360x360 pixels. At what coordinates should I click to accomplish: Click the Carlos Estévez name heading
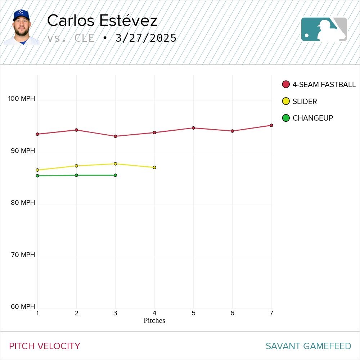[102, 21]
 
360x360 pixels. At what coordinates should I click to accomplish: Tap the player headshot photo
[21, 27]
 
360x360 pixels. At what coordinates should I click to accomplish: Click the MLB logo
[324, 29]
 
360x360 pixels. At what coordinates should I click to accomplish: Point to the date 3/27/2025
[146, 38]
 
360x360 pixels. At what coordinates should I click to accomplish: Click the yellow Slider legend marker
[286, 102]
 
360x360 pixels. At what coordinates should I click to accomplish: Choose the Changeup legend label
[312, 118]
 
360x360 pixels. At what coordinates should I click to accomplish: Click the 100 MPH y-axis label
[22, 99]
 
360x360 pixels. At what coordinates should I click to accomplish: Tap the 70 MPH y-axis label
[23, 255]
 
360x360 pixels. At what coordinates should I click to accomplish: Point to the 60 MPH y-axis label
[23, 307]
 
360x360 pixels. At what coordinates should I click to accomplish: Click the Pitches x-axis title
[154, 321]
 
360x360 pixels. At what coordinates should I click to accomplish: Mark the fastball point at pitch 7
[271, 125]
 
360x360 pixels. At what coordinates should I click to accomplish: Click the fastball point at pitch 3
[115, 136]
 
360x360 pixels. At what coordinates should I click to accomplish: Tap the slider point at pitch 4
[154, 167]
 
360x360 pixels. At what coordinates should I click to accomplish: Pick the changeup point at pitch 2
[76, 175]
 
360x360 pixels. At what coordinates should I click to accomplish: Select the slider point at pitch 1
[37, 170]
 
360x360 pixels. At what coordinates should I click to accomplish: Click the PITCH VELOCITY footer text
[45, 346]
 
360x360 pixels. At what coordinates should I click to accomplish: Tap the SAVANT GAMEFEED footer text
[308, 346]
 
